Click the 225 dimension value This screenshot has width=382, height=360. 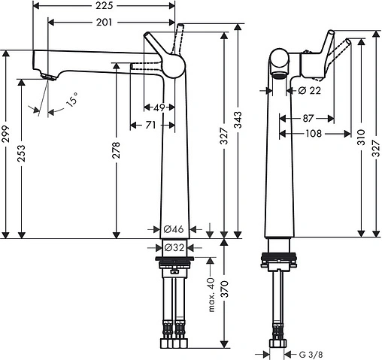[105, 6]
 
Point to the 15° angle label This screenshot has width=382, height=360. [71, 101]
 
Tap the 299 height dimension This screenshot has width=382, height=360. [7, 135]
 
